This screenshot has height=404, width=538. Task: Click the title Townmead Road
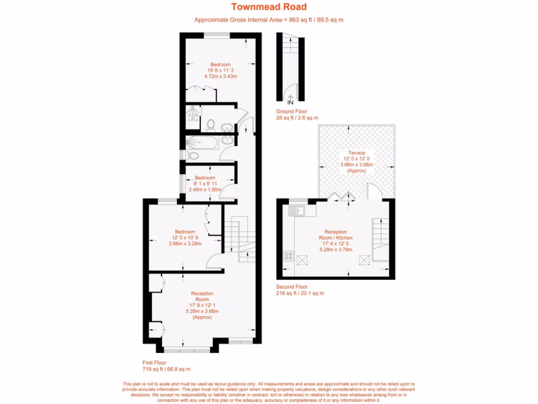269,7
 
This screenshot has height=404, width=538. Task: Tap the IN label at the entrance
290,102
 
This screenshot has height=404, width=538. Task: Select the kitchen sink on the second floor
300,211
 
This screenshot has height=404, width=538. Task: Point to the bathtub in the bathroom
202,143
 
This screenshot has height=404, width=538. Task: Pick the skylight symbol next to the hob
303,258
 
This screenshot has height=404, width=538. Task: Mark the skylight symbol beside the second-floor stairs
364,259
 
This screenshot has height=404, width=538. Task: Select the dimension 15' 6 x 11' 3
221,70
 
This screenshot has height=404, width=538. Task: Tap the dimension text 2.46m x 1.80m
204,189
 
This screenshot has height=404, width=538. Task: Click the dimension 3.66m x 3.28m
185,244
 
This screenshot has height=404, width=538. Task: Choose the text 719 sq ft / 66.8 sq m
166,369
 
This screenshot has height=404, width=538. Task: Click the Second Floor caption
292,287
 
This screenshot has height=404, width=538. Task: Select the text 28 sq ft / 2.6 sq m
297,118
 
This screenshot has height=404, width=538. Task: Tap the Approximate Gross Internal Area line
269,20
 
